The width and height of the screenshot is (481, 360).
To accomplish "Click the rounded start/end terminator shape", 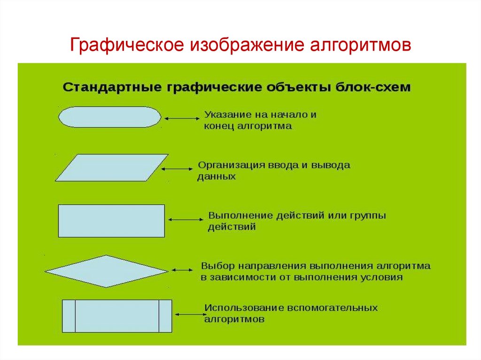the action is click(109, 116).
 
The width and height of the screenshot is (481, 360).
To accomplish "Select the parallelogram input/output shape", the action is click(112, 168).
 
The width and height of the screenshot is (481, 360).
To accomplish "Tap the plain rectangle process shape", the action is click(111, 221).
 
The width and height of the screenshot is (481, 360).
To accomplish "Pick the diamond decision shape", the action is click(107, 271).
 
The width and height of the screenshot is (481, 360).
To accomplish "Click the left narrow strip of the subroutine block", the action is click(69, 316).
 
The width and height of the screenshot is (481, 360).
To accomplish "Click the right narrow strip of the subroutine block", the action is click(165, 316).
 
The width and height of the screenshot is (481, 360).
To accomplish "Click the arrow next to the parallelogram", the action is click(178, 169).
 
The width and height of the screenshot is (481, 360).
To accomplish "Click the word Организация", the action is click(229, 165).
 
